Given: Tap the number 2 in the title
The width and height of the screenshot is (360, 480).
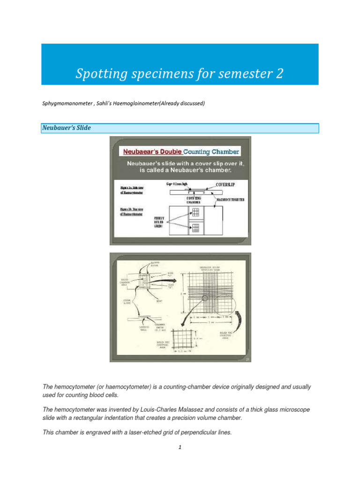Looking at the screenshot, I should point(279,74).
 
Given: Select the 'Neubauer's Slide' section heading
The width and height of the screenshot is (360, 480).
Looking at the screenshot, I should point(67,127).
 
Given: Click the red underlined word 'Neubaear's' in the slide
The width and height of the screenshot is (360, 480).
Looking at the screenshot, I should point(141,151).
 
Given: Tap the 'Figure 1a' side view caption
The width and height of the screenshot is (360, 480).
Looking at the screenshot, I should point(133,189).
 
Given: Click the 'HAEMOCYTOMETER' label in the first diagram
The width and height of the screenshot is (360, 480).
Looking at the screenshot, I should point(231,200).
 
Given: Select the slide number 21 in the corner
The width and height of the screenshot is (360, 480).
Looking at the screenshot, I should point(247,359).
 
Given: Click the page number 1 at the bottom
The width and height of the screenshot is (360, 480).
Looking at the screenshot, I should point(180,448).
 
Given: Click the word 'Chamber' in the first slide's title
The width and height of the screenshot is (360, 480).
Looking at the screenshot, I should point(223,151).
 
